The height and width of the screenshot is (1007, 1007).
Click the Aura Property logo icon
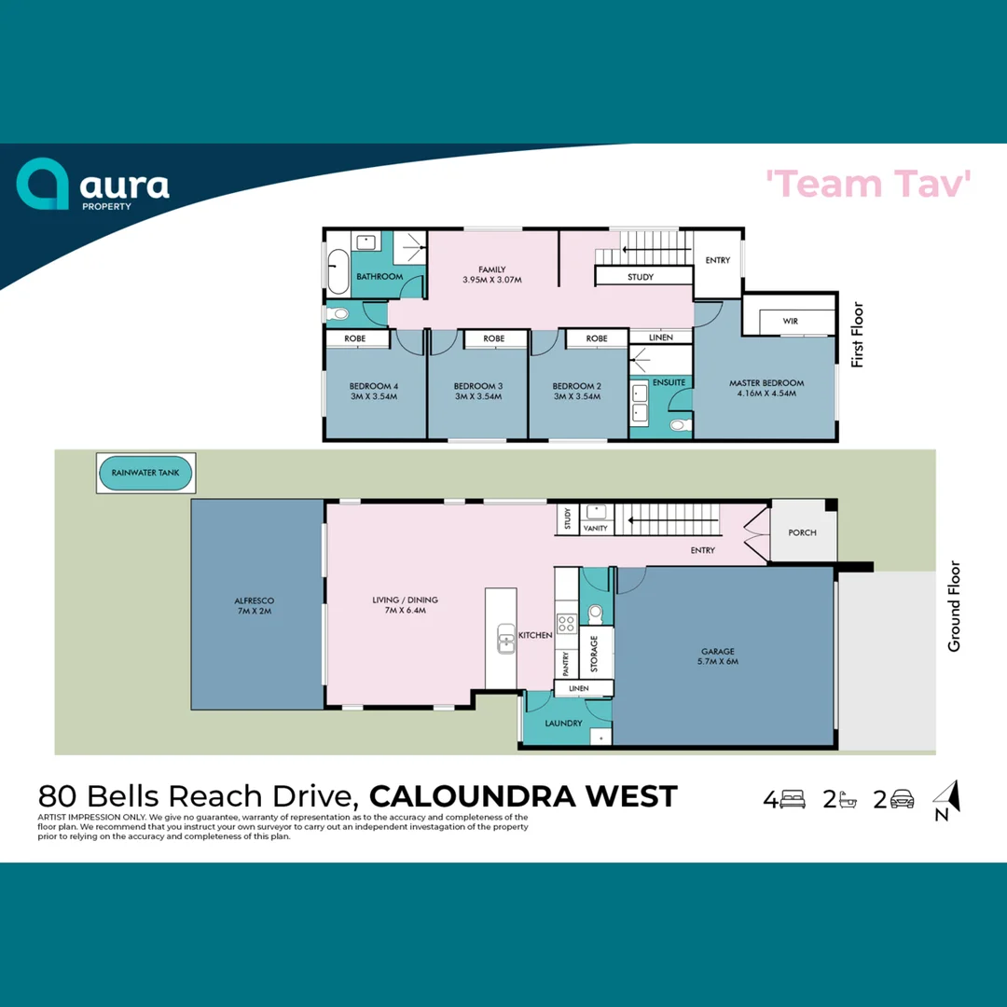point(43,184)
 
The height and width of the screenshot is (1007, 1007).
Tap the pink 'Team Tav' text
point(869,184)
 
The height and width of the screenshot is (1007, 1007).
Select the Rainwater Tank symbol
point(145,474)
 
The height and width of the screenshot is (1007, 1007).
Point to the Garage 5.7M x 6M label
point(719,656)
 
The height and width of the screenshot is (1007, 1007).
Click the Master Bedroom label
point(766,388)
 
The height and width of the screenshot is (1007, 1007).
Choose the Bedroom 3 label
point(477,391)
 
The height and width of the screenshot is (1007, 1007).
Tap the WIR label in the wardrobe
point(791,321)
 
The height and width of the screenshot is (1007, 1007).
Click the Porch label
point(802,532)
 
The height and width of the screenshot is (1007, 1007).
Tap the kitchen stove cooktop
point(565,624)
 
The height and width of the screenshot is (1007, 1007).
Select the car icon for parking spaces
point(902,799)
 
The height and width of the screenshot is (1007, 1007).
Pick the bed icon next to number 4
point(793,799)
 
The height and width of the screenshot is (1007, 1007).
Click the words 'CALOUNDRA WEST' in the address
point(523,796)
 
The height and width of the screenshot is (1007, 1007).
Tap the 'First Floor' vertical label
point(857,334)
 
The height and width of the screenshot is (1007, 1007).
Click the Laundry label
point(563,723)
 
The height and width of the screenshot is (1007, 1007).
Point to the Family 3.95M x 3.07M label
point(492,274)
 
